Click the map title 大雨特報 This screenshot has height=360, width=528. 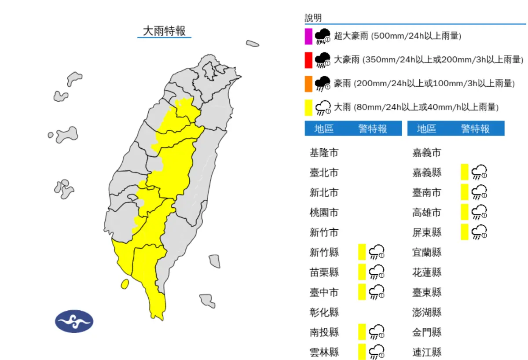click(x=164, y=31)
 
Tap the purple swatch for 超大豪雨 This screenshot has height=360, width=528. click(x=308, y=36)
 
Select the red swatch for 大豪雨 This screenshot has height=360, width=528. click(x=308, y=60)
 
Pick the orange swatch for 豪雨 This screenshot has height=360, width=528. click(x=308, y=84)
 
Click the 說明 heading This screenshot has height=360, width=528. click(x=313, y=18)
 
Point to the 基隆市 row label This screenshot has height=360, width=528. click(x=324, y=153)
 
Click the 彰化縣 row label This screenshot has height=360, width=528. click(x=324, y=312)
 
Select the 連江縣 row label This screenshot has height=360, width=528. click(x=427, y=352)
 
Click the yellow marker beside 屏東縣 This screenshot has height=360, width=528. click(x=464, y=232)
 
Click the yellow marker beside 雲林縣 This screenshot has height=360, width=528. click(x=362, y=352)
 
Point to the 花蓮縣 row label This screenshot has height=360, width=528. click(x=427, y=272)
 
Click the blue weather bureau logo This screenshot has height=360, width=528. click(x=74, y=321)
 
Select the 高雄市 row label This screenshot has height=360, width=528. click(x=427, y=213)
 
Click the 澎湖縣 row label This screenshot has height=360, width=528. click(x=427, y=312)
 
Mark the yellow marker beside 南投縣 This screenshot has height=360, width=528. click(x=362, y=332)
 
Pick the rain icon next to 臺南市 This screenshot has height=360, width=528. click(x=479, y=192)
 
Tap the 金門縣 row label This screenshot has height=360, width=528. click(x=427, y=332)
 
